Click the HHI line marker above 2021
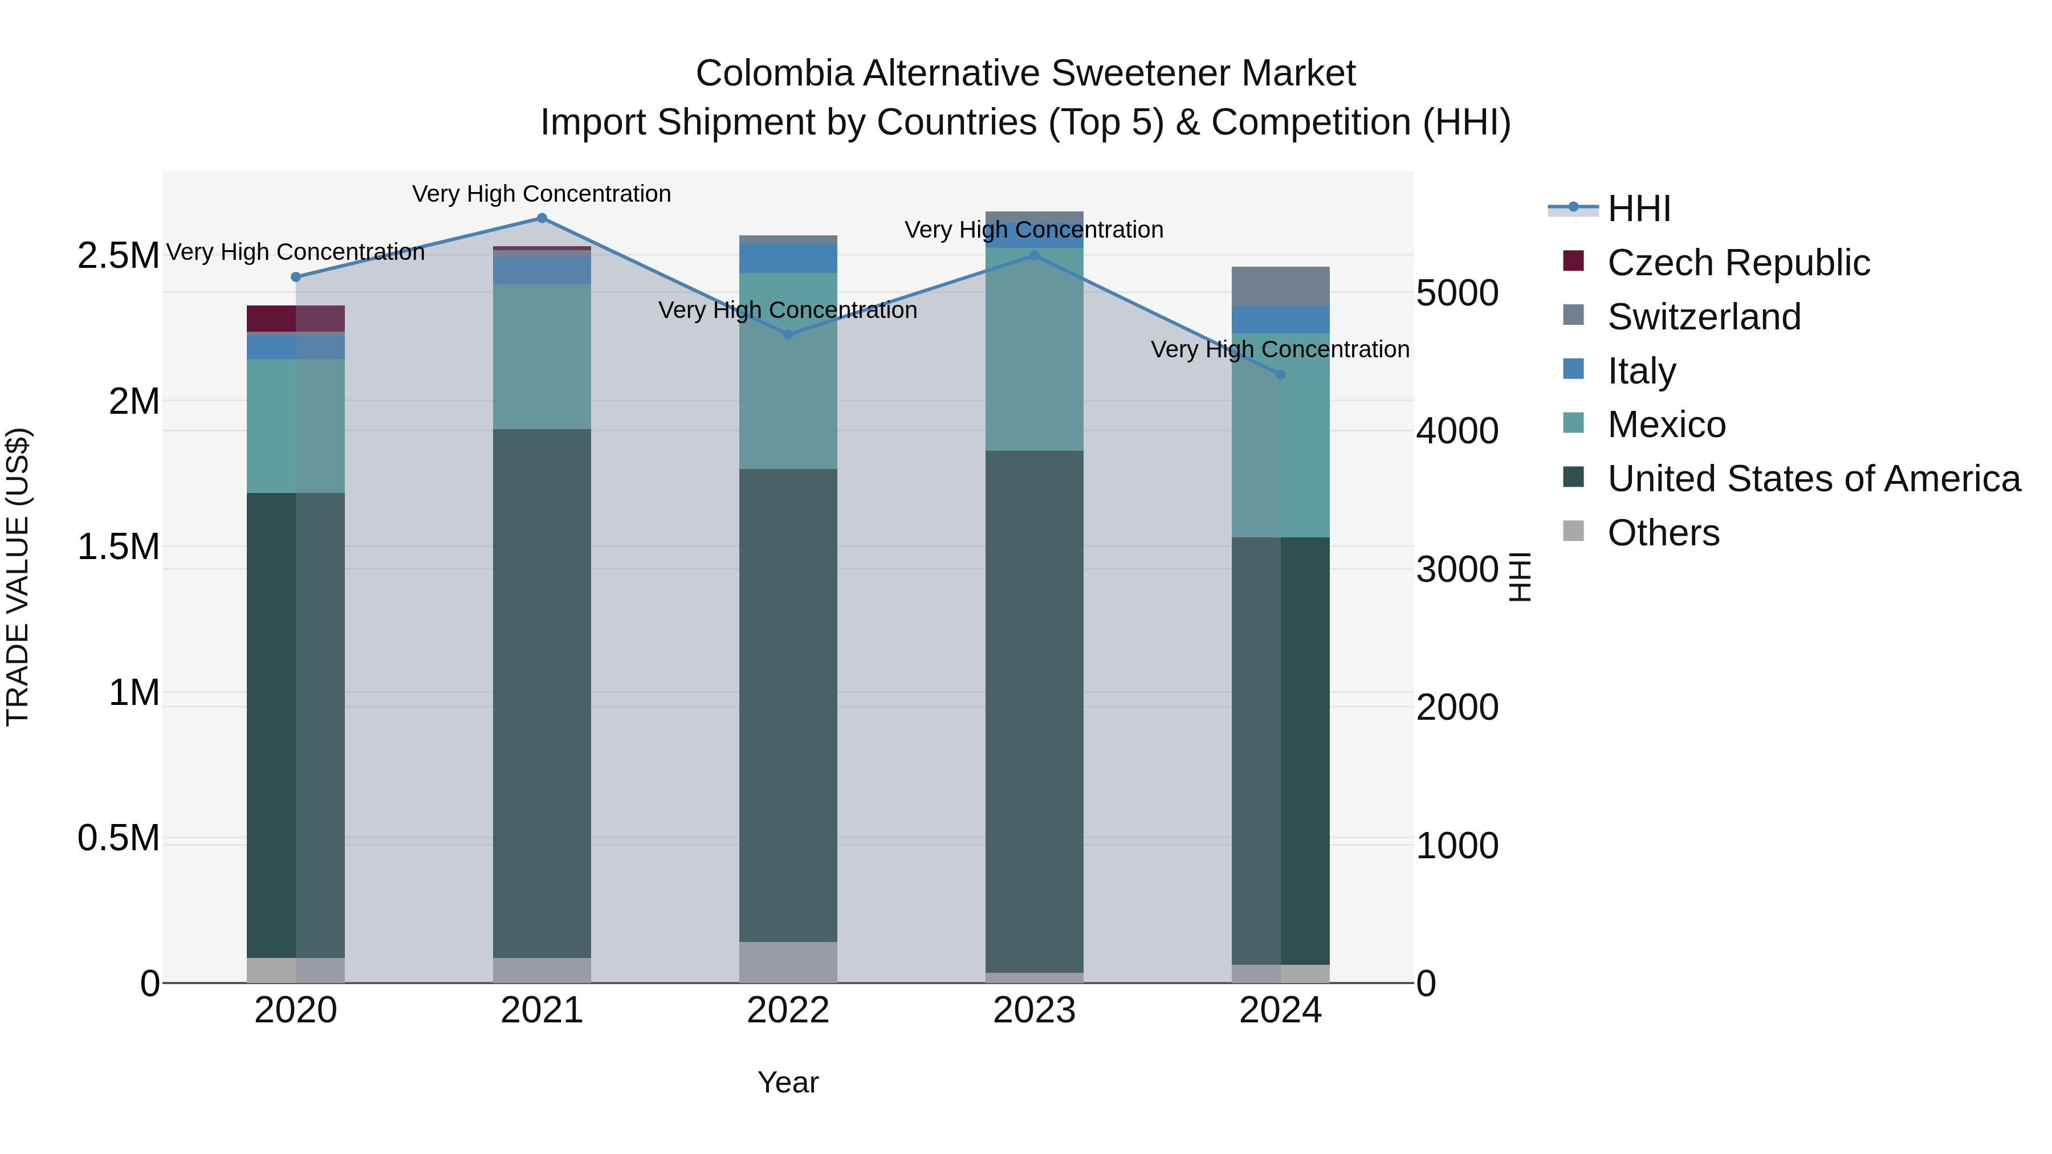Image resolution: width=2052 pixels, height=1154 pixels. pos(541,218)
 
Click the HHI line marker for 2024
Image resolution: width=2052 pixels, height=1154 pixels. pos(1280,374)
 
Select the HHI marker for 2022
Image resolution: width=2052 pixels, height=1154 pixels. pos(788,335)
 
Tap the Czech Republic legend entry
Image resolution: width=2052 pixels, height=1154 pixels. pos(1737,263)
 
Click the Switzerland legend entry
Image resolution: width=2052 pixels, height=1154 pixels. pos(1703,317)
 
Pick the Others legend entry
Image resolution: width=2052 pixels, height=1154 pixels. pos(1663,533)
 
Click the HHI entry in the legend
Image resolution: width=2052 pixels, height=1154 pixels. pos(1639,209)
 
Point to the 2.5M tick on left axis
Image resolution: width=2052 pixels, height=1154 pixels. pos(118,256)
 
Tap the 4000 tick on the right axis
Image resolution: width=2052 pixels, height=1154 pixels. pos(1457,431)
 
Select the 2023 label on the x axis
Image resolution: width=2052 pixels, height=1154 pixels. pos(1034,1010)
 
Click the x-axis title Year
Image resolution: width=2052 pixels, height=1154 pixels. pos(788,1082)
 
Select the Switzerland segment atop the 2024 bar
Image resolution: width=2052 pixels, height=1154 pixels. pos(1280,286)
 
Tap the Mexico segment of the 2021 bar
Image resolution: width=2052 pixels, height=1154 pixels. pos(541,356)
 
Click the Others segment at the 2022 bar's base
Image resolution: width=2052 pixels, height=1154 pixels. pos(788,962)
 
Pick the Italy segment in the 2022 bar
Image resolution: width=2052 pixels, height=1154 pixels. pos(788,258)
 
